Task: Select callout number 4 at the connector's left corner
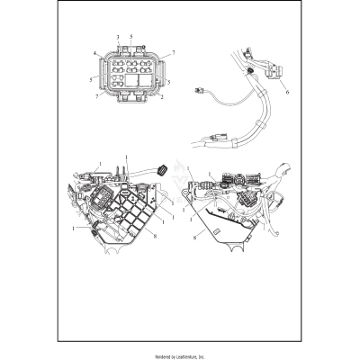pyautogui.click(x=94, y=55)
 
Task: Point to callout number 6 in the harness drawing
pyautogui.click(x=286, y=92)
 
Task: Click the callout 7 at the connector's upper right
pyautogui.click(x=173, y=53)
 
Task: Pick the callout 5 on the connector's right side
pyautogui.click(x=168, y=80)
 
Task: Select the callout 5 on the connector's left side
pyautogui.click(x=93, y=79)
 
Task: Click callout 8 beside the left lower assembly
pyautogui.click(x=155, y=236)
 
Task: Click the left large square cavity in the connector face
pyautogui.click(x=116, y=80)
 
